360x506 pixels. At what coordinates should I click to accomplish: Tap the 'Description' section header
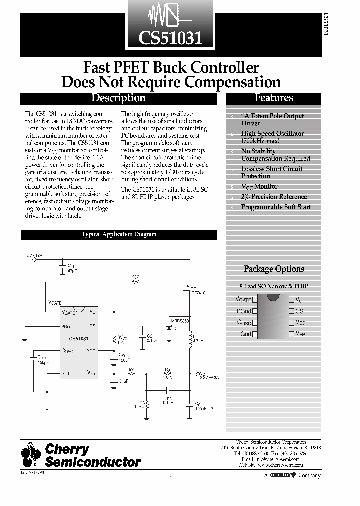point(118,98)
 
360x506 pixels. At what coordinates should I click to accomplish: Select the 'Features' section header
point(273,98)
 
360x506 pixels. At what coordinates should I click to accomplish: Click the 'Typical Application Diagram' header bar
point(119,234)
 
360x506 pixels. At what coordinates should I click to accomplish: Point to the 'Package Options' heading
point(274,269)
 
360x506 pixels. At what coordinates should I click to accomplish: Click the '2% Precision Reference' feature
point(274,197)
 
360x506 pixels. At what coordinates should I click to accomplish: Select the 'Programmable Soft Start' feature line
point(275,207)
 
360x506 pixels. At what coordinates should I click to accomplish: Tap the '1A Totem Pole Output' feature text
point(272,116)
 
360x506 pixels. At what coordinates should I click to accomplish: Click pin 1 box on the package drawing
point(255,300)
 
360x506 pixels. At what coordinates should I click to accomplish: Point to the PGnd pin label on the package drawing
point(243,311)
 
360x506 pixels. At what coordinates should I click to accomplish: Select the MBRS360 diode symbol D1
point(169,329)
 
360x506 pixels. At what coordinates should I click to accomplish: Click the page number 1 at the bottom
point(171,475)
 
